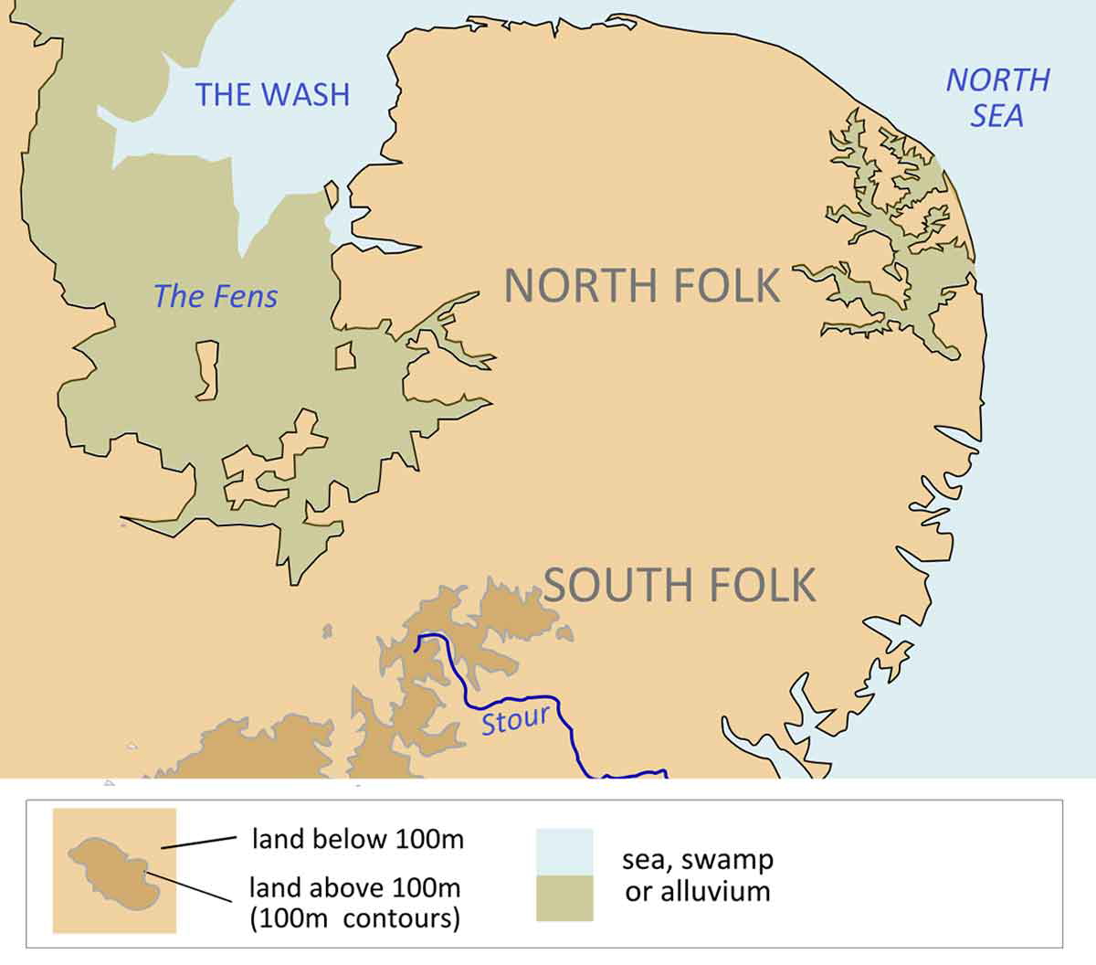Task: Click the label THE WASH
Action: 272,95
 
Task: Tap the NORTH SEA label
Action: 997,98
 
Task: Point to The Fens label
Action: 216,296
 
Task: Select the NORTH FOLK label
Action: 642,286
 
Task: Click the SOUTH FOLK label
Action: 680,585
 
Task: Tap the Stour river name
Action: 515,720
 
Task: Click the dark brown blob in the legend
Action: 111,874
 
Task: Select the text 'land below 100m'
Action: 357,839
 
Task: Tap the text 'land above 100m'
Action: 355,887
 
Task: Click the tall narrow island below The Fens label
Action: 206,370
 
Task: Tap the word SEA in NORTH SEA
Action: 996,116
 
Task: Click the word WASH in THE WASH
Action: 302,95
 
